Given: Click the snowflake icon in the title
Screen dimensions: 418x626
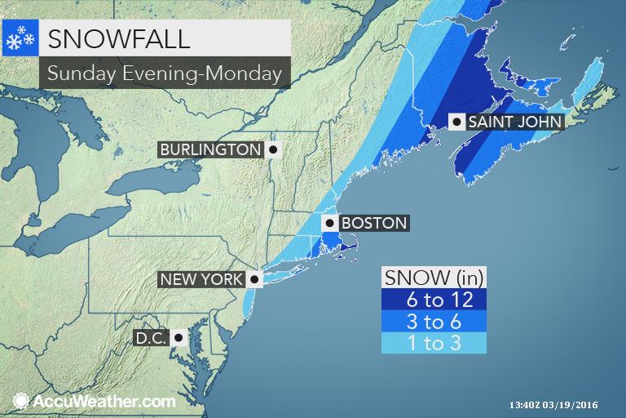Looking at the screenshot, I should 19,38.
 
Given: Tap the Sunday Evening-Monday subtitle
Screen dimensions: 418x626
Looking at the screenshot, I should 165,73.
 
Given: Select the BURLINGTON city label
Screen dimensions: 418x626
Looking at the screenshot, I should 210,149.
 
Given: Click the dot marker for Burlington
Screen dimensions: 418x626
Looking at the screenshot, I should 272,150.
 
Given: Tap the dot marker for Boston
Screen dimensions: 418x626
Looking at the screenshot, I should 330,223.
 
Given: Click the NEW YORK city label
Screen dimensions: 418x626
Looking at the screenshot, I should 201,279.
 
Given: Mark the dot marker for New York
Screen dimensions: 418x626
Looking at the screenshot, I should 253,279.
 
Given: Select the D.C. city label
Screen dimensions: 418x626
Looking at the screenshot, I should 152,337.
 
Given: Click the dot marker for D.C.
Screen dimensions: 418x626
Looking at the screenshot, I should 179,337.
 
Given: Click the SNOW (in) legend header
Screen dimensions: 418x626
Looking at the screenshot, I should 434,278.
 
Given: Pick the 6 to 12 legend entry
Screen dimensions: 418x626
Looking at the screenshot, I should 434,300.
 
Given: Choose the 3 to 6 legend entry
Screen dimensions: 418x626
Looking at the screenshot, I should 434,321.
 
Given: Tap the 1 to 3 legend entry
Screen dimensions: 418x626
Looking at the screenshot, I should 434,342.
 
